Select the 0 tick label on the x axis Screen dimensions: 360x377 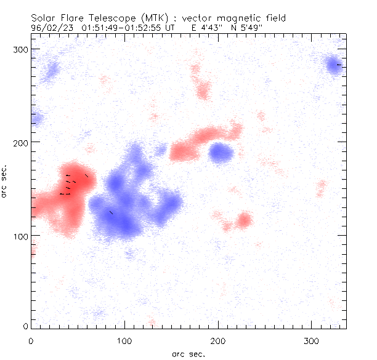[x=31, y=340]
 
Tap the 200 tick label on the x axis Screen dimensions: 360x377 [x=218, y=340]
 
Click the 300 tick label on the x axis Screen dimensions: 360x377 [x=312, y=340]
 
